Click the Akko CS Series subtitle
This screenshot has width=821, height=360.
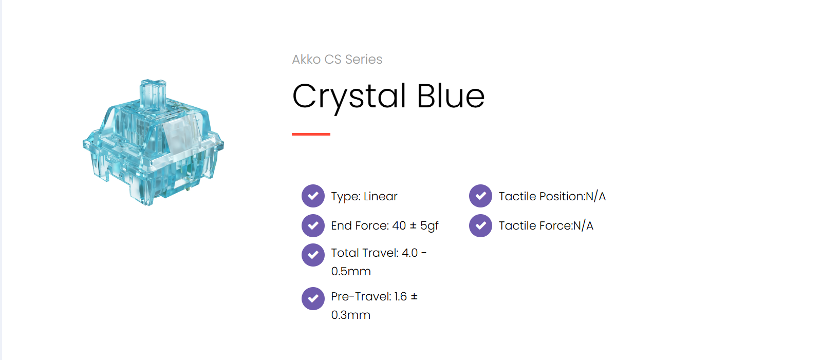click(x=337, y=60)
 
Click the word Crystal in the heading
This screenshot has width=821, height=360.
click(x=349, y=97)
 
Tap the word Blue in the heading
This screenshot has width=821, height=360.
click(x=451, y=96)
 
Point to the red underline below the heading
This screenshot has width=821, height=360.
click(x=311, y=135)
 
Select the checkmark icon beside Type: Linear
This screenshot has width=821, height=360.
click(x=313, y=196)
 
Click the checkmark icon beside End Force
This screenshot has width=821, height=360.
click(x=313, y=225)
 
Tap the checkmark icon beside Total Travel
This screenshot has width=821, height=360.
click(x=313, y=255)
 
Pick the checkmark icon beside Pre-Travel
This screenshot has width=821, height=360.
click(x=313, y=298)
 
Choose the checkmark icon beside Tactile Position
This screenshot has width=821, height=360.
click(x=480, y=196)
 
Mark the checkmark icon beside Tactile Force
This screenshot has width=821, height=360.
click(x=480, y=225)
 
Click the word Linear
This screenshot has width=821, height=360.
click(x=381, y=196)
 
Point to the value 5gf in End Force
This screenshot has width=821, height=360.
click(x=429, y=226)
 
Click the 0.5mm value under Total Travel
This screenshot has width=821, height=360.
click(x=351, y=271)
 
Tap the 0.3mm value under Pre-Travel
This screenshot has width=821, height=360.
click(x=351, y=315)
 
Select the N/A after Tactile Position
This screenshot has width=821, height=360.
click(x=595, y=196)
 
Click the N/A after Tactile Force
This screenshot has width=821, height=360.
click(x=583, y=225)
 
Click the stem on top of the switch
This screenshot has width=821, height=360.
click(x=153, y=94)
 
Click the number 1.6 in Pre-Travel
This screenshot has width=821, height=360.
click(x=400, y=297)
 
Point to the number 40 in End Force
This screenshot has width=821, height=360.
click(x=399, y=225)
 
